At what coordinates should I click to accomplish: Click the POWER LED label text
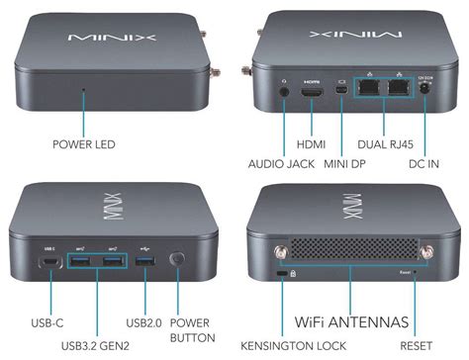pyautogui.click(x=84, y=144)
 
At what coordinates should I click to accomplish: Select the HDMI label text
pyautogui.click(x=310, y=144)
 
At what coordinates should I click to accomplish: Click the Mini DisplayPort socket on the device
pyautogui.click(x=339, y=94)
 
